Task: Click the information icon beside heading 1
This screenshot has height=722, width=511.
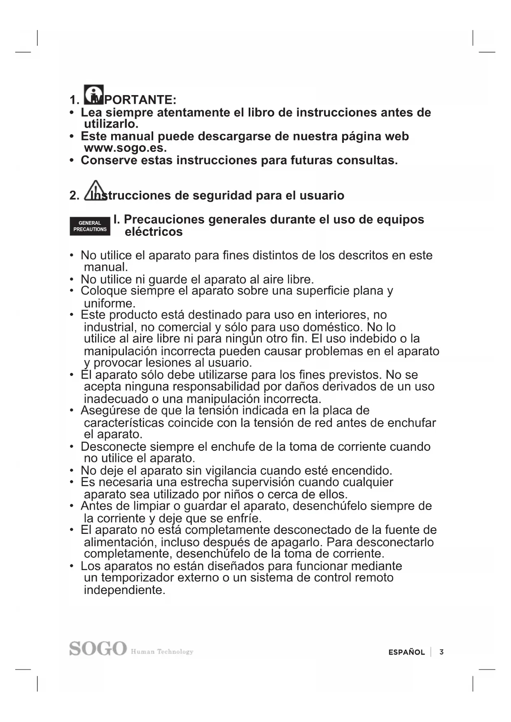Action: click(94, 95)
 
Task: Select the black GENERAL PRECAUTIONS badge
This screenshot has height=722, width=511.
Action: click(90, 226)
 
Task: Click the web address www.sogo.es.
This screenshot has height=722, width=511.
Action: click(125, 148)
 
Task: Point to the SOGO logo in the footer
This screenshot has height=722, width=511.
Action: click(98, 648)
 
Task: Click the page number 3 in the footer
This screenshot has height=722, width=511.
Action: click(441, 652)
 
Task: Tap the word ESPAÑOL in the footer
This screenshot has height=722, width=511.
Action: click(406, 652)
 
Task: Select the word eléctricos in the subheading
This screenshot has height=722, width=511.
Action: click(154, 232)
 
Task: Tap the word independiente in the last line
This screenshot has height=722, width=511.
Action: click(124, 590)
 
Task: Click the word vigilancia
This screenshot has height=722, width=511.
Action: click(231, 470)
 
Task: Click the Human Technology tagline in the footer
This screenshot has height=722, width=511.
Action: click(162, 652)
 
